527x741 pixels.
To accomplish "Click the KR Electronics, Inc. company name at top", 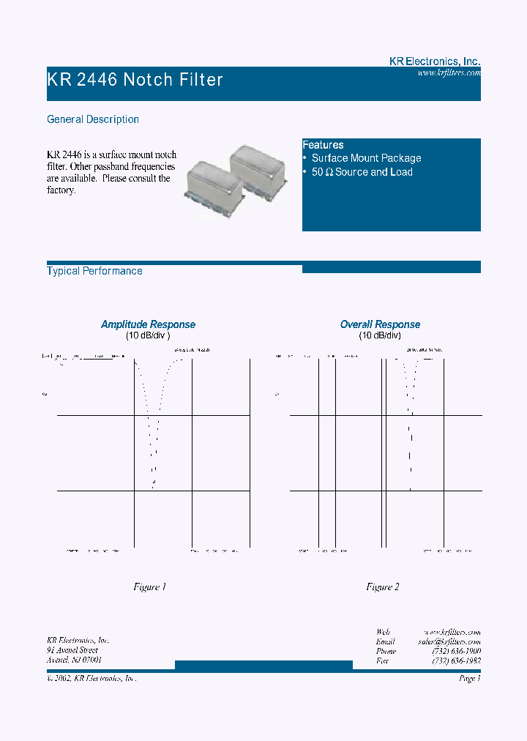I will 434,62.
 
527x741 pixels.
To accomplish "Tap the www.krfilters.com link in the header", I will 449,73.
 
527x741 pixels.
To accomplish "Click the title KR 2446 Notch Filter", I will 135,80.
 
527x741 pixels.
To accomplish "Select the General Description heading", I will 93,119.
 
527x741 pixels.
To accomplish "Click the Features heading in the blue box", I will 323,145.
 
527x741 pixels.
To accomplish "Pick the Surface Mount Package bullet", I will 366,158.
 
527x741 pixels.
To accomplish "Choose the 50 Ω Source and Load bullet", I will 362,172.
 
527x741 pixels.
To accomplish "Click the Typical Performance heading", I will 94,271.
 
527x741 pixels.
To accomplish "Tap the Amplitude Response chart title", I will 148,324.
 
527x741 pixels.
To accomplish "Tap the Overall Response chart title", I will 380,324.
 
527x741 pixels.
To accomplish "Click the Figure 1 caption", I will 149,587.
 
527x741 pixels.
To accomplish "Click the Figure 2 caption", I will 382,587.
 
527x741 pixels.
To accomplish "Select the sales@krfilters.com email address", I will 449,641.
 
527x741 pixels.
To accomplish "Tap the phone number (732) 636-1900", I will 456,651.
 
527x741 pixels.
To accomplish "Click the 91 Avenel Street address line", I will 72,650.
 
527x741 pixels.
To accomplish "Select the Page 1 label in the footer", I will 469,679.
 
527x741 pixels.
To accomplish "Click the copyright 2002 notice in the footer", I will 91,679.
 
